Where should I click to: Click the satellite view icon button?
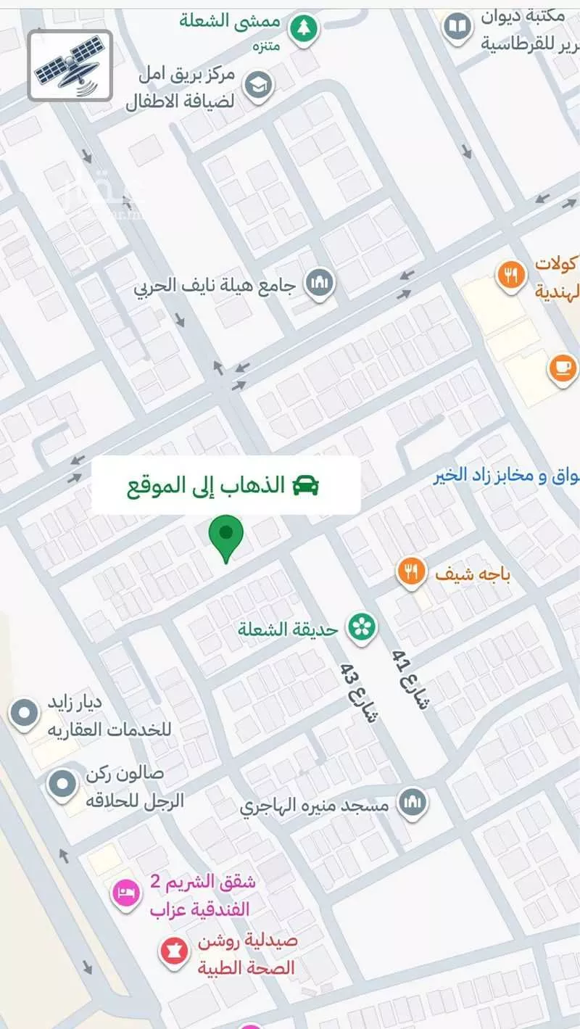click(70, 66)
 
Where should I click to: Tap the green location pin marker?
click(226, 537)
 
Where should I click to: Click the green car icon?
click(306, 485)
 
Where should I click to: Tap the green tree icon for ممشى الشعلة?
click(303, 30)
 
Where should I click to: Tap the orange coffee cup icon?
click(562, 368)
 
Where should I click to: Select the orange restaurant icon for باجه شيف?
click(411, 573)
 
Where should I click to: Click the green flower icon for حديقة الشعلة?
click(360, 627)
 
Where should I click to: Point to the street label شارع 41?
click(410, 679)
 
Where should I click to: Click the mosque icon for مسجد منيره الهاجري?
click(412, 803)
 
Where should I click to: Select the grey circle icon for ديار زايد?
click(25, 713)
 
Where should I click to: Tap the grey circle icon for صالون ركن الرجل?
click(62, 782)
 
